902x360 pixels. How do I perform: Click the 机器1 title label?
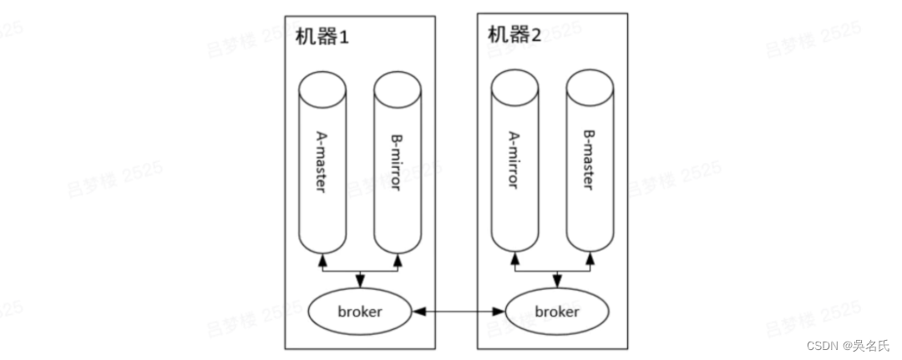322,38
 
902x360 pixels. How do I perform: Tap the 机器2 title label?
514,35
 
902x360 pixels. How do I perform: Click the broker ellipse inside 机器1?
360,312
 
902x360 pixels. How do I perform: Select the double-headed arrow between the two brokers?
459,312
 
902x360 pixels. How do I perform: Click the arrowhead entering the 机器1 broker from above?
360,283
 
